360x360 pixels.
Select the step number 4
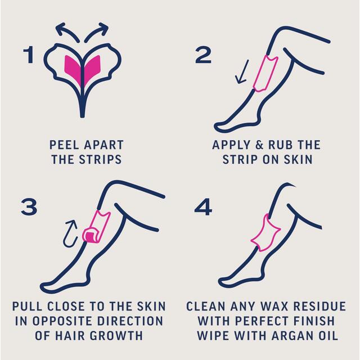point(202,207)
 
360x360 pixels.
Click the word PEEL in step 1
point(64,145)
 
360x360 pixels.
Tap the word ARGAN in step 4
point(297,336)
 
